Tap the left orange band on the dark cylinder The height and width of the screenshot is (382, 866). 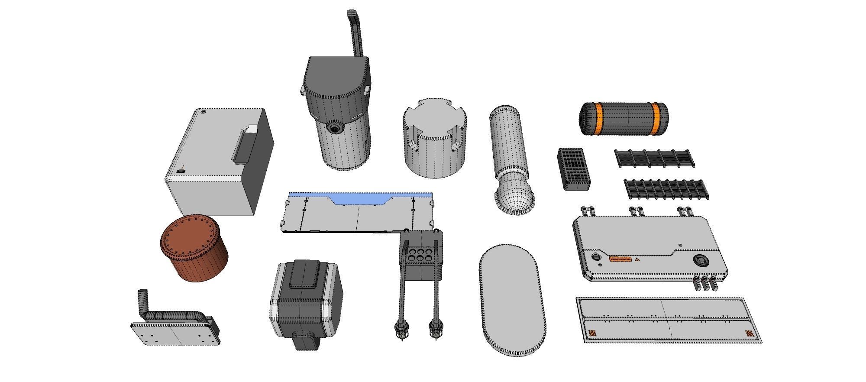click(598, 119)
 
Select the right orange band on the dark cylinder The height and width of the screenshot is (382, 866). click(656, 118)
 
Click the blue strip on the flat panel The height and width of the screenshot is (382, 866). click(359, 198)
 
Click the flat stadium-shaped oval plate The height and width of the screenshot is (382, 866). click(512, 299)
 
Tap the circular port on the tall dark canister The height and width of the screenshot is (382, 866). click(334, 128)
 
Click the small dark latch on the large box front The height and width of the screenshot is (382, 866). click(181, 171)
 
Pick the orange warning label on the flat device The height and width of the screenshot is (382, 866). click(620, 259)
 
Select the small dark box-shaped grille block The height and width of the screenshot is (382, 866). click(573, 169)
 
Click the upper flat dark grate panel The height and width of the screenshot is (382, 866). click(654, 159)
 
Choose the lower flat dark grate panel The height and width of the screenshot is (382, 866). click(666, 189)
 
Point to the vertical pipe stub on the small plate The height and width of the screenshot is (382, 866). click(142, 301)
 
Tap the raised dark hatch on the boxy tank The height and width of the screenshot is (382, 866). click(305, 274)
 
